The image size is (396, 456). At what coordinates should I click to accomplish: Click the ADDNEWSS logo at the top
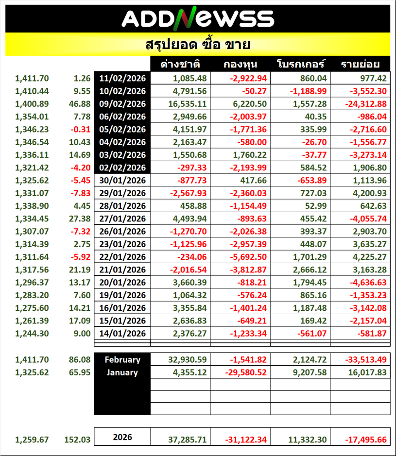[198, 18]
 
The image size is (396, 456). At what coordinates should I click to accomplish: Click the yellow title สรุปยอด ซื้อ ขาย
[198, 45]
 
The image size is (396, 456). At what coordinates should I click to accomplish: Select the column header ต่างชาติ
[181, 65]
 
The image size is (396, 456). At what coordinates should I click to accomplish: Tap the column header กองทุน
[241, 65]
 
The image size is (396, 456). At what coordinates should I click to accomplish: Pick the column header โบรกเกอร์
[300, 65]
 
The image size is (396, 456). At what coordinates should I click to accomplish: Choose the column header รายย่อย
[360, 65]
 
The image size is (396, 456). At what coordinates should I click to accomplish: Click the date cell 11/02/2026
[122, 78]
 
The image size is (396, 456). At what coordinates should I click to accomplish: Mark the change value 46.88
[79, 104]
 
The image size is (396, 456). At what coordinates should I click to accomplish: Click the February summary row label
[122, 360]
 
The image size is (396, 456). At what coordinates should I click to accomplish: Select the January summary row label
[122, 372]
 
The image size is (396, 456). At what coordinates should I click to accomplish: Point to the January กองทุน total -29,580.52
[246, 372]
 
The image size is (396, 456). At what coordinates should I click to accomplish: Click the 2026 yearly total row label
[122, 437]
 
